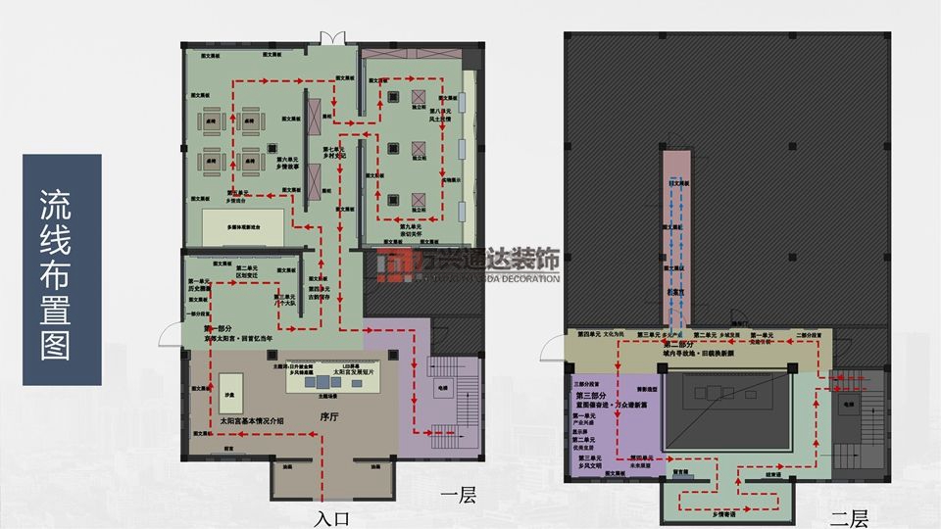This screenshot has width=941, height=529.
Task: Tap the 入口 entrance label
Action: (332, 517)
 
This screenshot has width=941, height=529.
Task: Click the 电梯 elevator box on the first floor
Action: (441, 389)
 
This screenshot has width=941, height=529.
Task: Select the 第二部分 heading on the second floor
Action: (682, 345)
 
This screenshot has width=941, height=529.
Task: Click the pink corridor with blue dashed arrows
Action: (674, 245)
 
